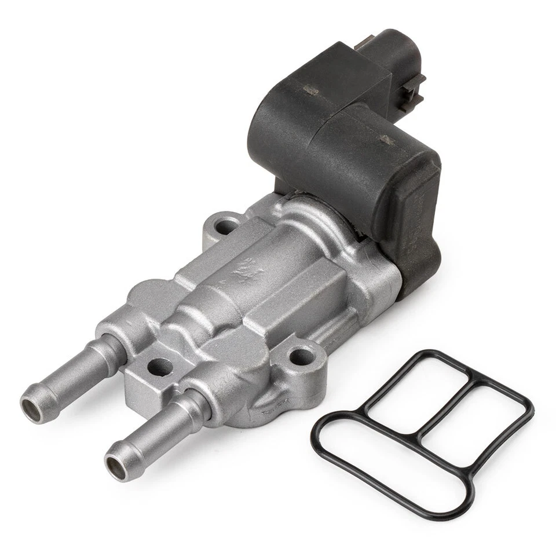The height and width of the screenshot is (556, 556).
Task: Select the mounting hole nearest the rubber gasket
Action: (x=301, y=357)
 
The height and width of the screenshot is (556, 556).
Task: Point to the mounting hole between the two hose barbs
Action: (x=159, y=367)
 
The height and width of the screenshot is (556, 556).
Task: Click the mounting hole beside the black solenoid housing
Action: (x=225, y=226)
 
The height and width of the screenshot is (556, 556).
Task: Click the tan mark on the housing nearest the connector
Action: (x=311, y=90)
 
